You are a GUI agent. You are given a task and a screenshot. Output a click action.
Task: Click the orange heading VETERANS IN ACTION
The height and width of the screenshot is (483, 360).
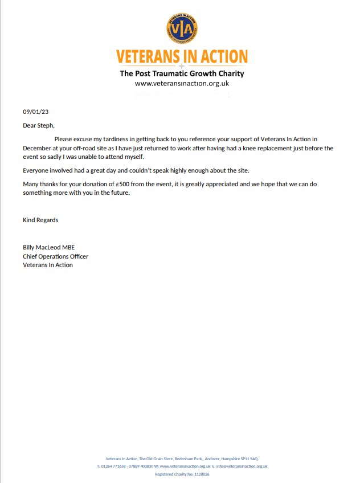point(182,57)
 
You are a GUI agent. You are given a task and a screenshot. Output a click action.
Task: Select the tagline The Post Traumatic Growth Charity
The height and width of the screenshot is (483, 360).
point(182,73)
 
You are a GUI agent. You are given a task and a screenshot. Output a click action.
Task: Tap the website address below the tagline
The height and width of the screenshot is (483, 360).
point(182,83)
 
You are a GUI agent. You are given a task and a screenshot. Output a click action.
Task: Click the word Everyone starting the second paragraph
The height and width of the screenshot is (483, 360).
point(38,170)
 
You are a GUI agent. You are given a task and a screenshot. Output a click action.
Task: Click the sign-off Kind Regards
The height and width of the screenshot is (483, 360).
point(40,220)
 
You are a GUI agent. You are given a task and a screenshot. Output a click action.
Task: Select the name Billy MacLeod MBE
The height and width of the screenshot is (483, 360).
point(49,247)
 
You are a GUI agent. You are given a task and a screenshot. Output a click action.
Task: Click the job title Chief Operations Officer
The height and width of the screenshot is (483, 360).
point(55,256)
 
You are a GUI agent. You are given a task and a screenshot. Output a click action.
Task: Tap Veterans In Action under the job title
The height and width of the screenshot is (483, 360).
point(48,265)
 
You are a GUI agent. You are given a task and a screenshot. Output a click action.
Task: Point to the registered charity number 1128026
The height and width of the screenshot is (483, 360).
point(199,474)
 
